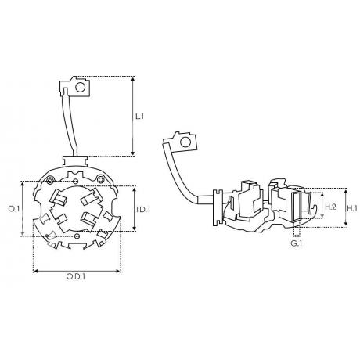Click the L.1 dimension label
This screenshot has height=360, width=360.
(140, 117)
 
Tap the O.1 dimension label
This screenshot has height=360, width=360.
(14, 209)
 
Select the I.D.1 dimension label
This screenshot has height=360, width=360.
(143, 210)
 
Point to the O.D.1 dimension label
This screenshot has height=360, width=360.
(76, 276)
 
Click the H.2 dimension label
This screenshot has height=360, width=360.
(330, 207)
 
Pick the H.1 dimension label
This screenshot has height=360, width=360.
(353, 208)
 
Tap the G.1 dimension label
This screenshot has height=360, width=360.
(297, 243)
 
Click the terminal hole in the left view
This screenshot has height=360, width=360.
(81, 87)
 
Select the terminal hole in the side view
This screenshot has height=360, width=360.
(185, 142)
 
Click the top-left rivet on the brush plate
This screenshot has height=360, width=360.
(50, 179)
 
